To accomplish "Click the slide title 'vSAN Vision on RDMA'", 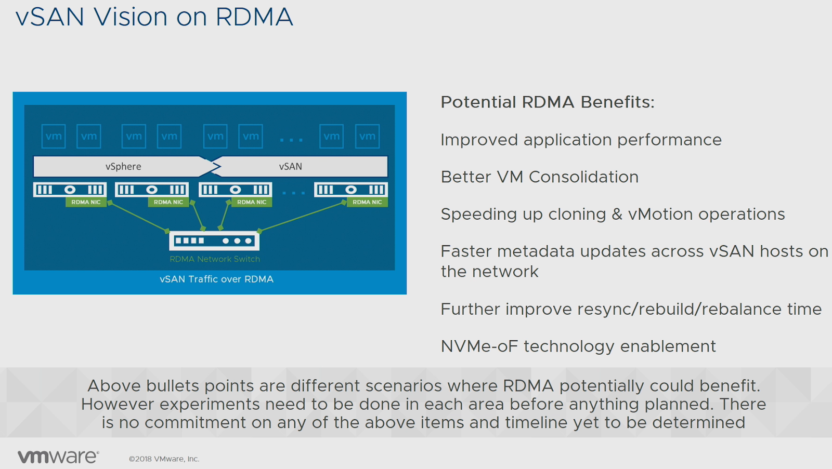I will pos(154,17).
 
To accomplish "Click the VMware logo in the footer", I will pos(58,457).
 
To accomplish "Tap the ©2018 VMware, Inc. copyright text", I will pos(164,459).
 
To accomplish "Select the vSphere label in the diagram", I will pos(123,167).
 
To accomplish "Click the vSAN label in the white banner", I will pos(290,167).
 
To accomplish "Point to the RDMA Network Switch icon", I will pos(214,240).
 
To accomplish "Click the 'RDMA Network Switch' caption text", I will pos(214,259).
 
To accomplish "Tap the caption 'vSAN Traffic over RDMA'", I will pos(216,279).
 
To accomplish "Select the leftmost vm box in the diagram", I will pos(54,137).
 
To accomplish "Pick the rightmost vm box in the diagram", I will pos(367,137).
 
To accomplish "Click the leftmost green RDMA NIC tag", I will pos(86,202).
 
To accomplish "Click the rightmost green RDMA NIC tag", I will pos(367,202).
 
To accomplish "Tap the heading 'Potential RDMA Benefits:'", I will pos(548,102).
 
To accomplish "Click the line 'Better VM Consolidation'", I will pos(539,177).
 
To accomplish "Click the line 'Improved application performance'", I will pos(581,140).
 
